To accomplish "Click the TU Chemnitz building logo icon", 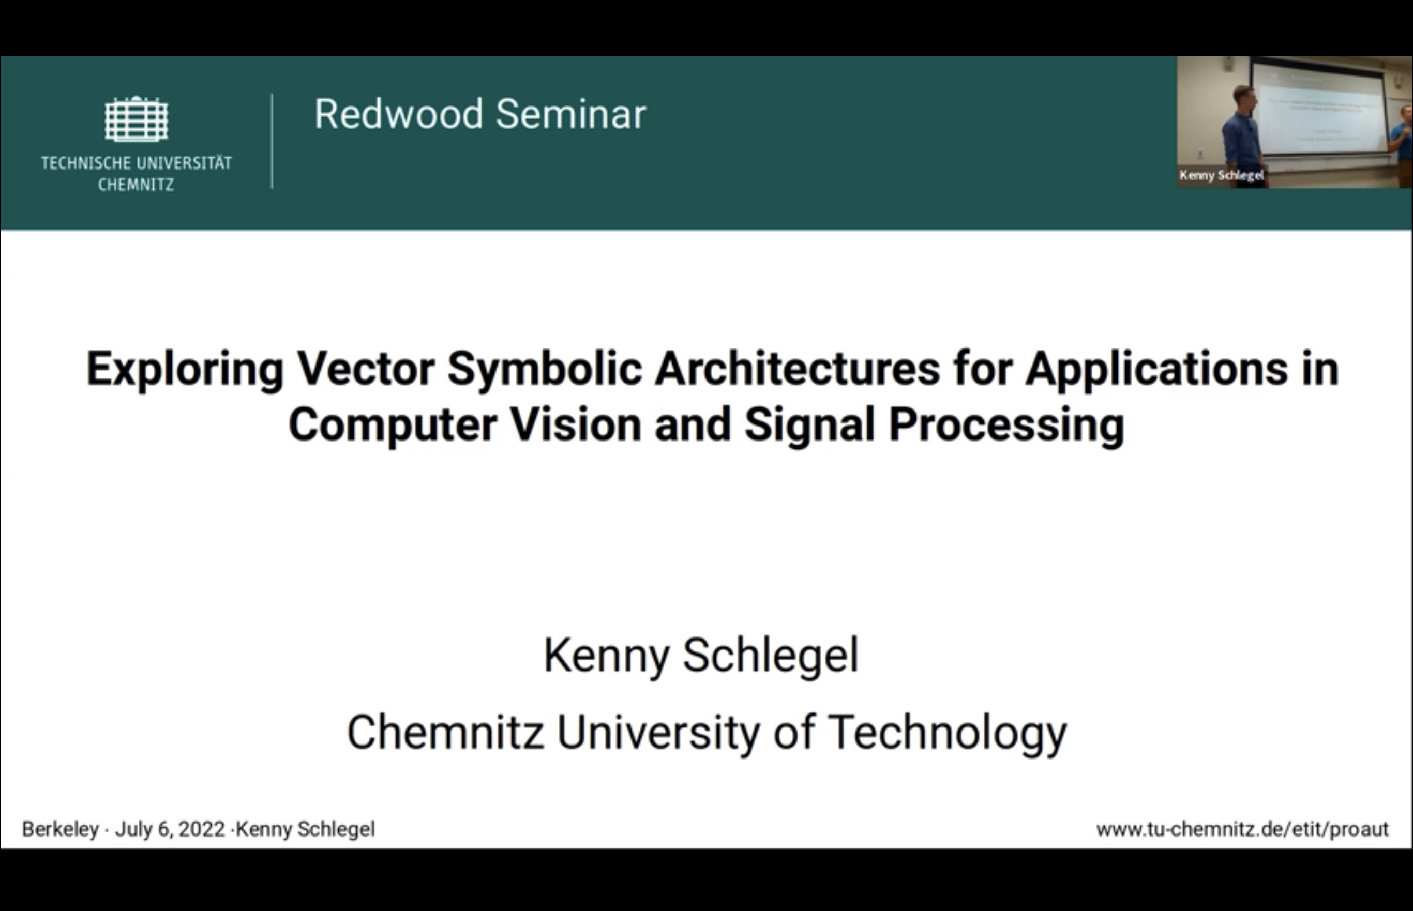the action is (136, 119).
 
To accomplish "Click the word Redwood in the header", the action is (398, 114).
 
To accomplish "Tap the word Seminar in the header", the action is (570, 114).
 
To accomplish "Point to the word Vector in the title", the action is (366, 369).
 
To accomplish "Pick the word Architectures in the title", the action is (797, 369).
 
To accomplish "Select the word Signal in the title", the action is (809, 426).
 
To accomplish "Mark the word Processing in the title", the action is (1006, 426).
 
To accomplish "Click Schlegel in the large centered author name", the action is (771, 656).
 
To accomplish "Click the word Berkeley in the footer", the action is (61, 829).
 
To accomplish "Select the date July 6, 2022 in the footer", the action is (170, 829).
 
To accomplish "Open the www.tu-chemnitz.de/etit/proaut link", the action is (1242, 829).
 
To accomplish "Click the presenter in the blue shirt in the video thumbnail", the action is (1243, 133).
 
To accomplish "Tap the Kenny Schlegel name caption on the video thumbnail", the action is (1221, 175).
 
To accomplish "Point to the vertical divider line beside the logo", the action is (272, 141).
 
